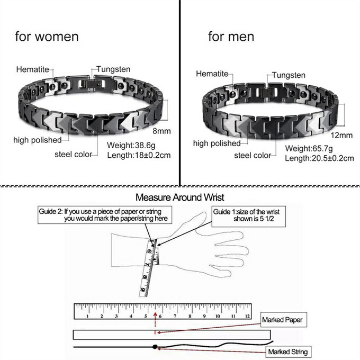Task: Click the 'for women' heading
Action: [x=47, y=37]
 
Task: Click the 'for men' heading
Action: [x=231, y=37]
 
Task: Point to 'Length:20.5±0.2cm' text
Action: [x=319, y=158]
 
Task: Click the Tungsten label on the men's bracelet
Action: [x=289, y=75]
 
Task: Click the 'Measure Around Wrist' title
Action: [x=176, y=198]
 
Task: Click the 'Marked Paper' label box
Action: [x=285, y=320]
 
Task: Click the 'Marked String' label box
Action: [x=287, y=352]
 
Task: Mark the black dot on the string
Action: [x=155, y=347]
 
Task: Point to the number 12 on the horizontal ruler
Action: [x=247, y=316]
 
